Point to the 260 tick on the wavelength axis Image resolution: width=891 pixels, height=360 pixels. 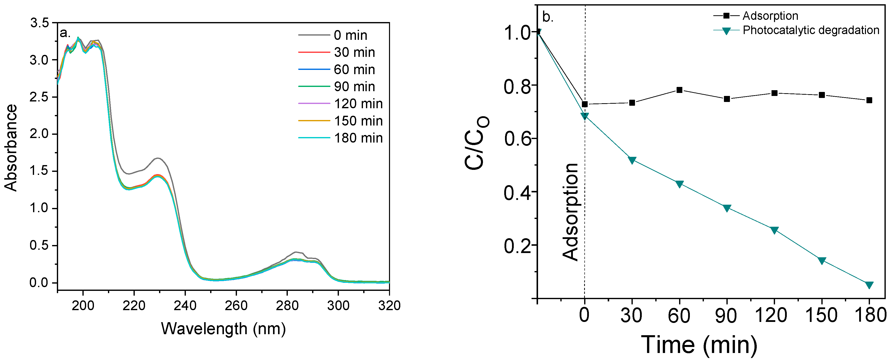(236, 305)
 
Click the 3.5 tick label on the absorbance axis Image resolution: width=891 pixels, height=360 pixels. (39, 23)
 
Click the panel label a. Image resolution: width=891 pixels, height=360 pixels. (65, 33)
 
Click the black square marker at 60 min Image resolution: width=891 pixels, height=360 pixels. (679, 90)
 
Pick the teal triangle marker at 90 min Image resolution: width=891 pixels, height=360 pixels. (727, 208)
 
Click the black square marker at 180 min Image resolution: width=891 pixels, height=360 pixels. (869, 100)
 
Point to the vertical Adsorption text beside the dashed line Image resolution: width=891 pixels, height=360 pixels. (570, 212)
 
